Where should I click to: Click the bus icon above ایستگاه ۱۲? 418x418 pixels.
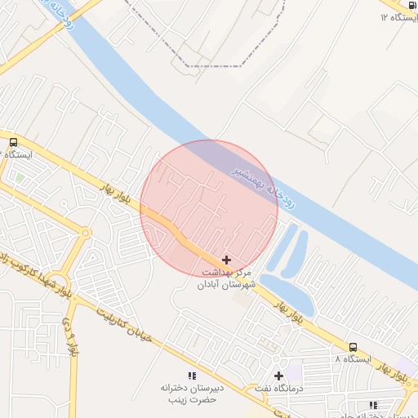coord(411,6)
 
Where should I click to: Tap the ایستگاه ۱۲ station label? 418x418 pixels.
coord(395,18)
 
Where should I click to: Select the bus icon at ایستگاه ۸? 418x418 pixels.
coord(353,347)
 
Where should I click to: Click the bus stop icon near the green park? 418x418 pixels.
coord(12,142)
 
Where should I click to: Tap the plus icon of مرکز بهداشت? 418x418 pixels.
coord(226,259)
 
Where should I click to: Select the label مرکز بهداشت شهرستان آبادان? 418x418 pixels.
coord(226,278)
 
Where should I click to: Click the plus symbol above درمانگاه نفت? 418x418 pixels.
coord(278,376)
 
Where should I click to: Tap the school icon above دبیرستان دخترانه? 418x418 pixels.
coord(192,376)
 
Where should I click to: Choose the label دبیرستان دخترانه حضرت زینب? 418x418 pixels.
coord(192,394)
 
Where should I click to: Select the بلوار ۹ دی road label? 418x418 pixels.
coord(70,342)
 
